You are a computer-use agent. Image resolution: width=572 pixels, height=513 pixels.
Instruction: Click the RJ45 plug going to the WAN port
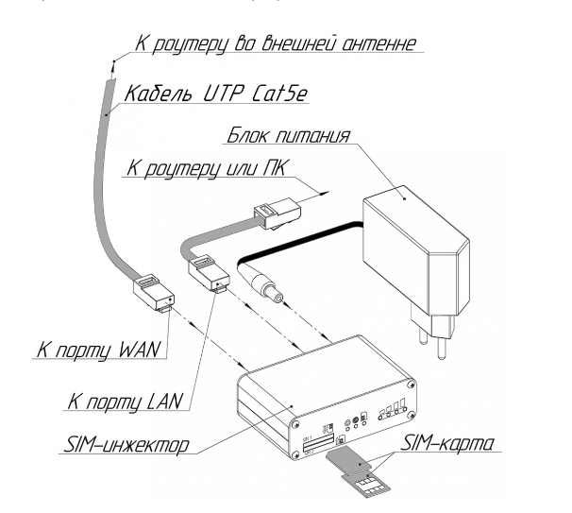point(150,289)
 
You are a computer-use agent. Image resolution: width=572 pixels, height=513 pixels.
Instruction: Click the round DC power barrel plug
point(265,283)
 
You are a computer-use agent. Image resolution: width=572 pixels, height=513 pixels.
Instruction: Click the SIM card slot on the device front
point(321,443)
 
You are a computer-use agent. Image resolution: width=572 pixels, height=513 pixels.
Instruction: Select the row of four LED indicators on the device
point(392,411)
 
